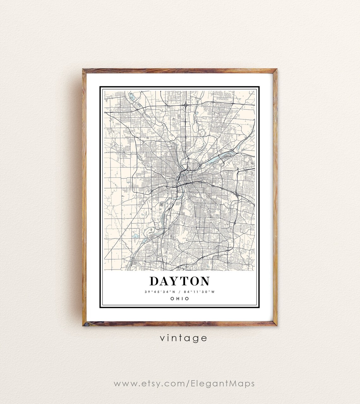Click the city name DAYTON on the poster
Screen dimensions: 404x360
pos(180,281)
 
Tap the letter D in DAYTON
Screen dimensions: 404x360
pos(154,281)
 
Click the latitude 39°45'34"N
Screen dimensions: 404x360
pos(160,292)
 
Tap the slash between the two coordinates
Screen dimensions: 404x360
pos(178,292)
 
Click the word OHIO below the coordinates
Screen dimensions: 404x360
pos(180,299)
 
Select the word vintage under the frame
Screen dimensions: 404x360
pos(183,338)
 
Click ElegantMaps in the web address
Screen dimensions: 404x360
pos(223,384)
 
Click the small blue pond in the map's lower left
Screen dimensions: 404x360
pos(135,236)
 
